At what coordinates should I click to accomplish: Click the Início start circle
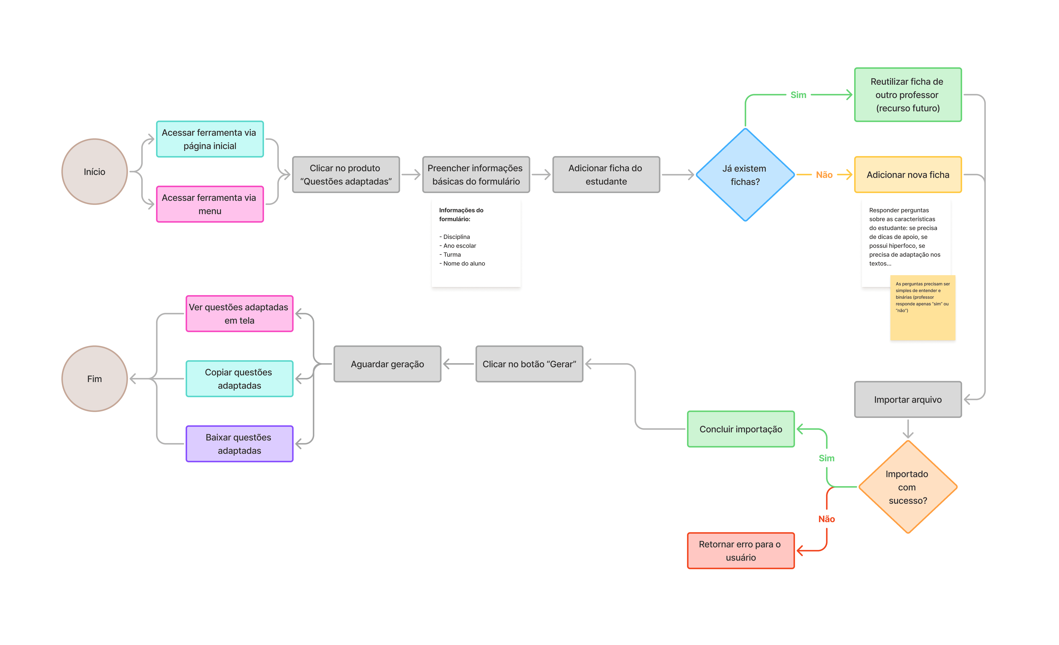(x=94, y=172)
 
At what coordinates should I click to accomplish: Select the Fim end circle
(x=94, y=379)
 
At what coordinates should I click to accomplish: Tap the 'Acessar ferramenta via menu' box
(x=210, y=204)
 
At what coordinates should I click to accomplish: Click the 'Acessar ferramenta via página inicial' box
(x=210, y=139)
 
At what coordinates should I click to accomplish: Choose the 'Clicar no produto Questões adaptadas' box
(x=346, y=175)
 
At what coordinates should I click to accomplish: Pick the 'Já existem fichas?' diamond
(x=745, y=175)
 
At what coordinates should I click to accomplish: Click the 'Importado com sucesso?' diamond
(x=908, y=487)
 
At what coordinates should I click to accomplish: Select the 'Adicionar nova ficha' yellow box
(x=908, y=175)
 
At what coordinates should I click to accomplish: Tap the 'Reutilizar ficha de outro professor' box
(x=908, y=95)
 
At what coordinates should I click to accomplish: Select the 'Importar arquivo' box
(x=908, y=399)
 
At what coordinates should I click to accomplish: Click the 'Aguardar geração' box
(x=387, y=364)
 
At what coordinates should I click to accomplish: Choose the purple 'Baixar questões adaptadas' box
(x=239, y=444)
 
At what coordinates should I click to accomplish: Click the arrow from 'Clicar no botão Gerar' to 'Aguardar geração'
(x=459, y=364)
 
